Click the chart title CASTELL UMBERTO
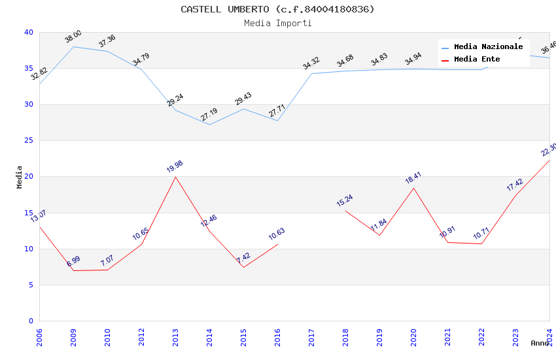pos(277,9)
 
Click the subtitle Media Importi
pos(277,24)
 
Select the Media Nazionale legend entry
pos(488,47)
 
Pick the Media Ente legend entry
pos(477,60)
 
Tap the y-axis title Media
pos(20,177)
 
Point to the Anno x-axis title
pos(540,343)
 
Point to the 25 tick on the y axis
pos(28,141)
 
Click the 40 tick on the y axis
pos(28,33)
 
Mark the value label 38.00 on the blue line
pos(73,37)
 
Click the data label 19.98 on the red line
pos(175,166)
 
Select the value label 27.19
pos(209,115)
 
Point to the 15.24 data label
pos(345,200)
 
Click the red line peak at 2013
pos(175,177)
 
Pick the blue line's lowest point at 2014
pos(209,124)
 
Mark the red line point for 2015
pos(243,267)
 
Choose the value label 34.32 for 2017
pos(311,63)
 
